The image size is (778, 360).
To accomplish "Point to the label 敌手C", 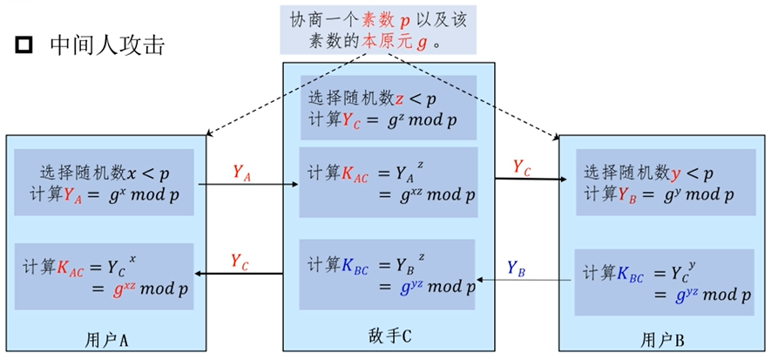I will [389, 336].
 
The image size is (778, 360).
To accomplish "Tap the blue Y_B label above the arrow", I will [517, 268].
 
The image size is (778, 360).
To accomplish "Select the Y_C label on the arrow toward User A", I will [242, 260].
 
